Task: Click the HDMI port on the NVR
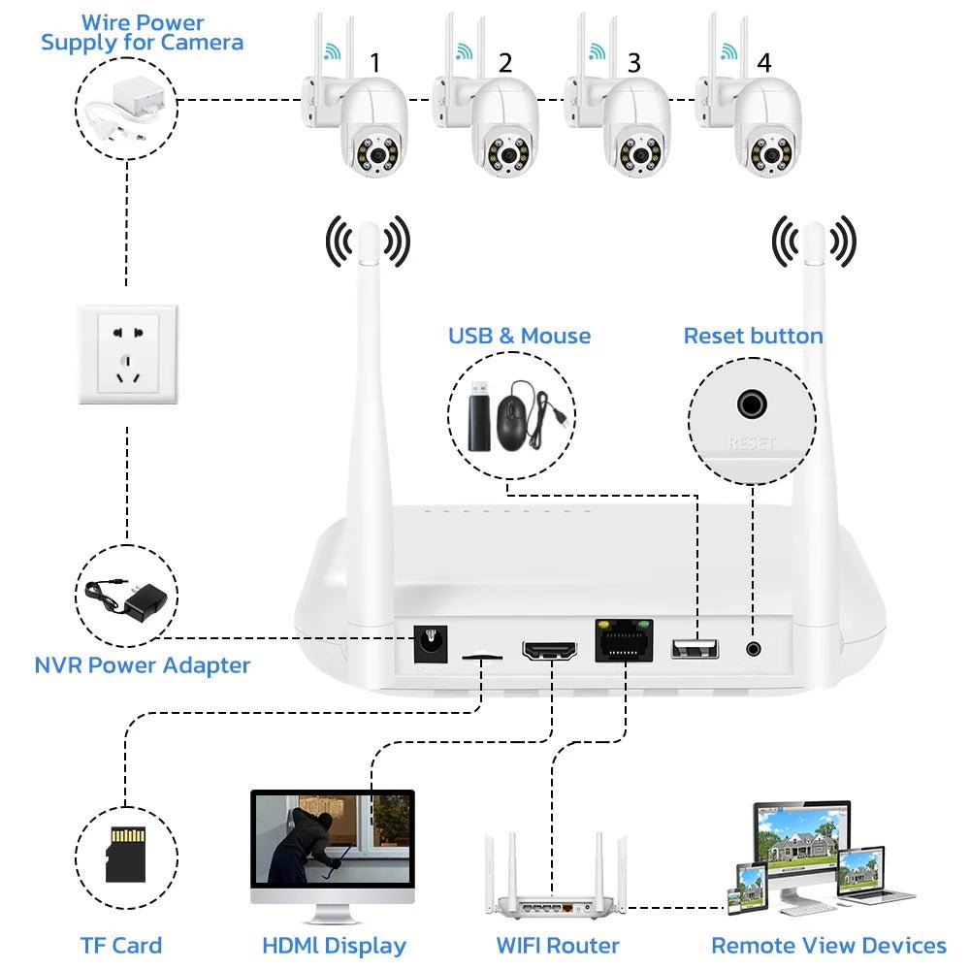point(550,649)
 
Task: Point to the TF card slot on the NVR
point(482,657)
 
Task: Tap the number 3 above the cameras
point(633,63)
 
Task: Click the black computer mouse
point(514,417)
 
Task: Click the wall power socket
point(127,354)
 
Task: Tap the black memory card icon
point(125,854)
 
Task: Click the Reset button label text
point(753,337)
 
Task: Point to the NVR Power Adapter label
point(143,665)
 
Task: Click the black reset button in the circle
point(752,404)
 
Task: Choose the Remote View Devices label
point(828,946)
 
